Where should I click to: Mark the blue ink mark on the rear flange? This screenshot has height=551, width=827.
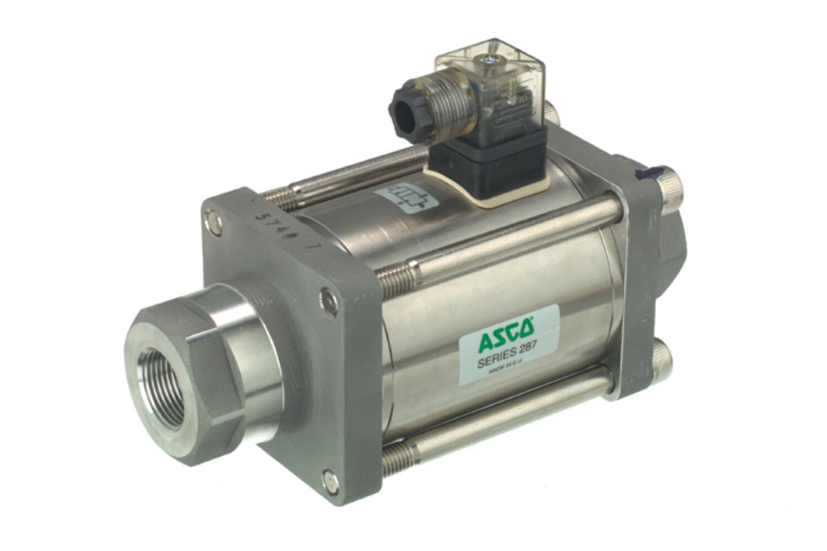648,175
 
